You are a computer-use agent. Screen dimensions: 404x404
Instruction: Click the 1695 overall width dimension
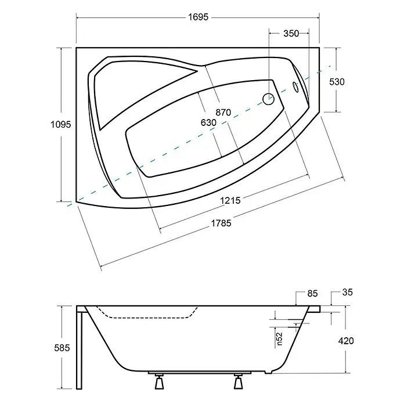pos(198,17)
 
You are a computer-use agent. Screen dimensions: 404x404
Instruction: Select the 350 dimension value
pos(291,34)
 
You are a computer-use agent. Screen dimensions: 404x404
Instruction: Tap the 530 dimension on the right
pos(337,82)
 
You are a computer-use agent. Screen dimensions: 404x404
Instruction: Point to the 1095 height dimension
pos(60,124)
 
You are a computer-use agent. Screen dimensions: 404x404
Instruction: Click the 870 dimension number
pos(223,113)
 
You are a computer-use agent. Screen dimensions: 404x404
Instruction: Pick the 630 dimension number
pos(208,122)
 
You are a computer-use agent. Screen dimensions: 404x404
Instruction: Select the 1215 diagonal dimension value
pos(230,200)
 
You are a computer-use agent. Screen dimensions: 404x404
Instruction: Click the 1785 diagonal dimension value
pos(221,223)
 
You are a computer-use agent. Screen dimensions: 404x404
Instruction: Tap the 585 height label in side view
pos(62,348)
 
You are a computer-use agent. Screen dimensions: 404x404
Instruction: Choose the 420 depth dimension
pos(346,341)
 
